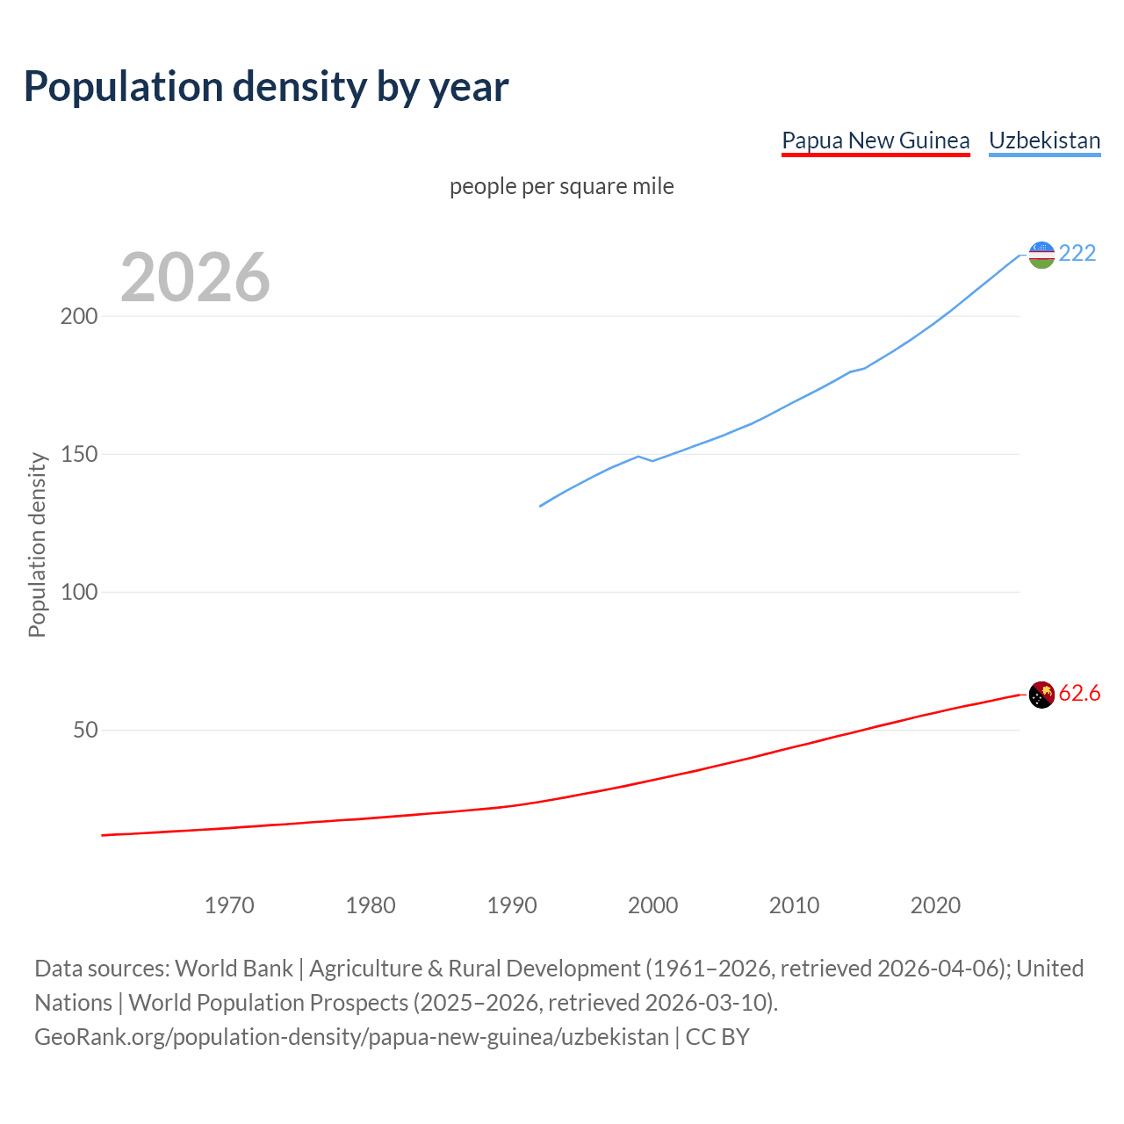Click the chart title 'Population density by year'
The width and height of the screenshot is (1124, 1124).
click(x=266, y=87)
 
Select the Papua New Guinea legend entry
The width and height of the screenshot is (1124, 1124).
click(x=875, y=140)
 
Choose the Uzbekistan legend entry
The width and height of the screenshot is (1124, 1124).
click(x=1044, y=140)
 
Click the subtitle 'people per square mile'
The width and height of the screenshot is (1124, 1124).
click(x=562, y=187)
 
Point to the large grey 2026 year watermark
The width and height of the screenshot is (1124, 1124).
click(x=195, y=277)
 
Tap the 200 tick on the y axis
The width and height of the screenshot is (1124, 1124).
click(x=78, y=316)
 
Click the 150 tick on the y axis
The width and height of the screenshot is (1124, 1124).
click(x=78, y=454)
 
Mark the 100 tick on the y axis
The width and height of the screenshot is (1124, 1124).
click(x=78, y=592)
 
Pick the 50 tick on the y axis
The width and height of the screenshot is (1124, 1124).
click(x=84, y=730)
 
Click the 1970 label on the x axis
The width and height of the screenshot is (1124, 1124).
click(x=229, y=905)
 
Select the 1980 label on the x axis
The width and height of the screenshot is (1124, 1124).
click(x=371, y=905)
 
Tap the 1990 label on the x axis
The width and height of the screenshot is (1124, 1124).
click(x=512, y=905)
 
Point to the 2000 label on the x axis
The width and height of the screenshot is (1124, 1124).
click(x=652, y=905)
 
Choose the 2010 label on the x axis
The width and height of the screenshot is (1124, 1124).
click(x=794, y=905)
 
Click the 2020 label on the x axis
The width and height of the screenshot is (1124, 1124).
click(x=935, y=905)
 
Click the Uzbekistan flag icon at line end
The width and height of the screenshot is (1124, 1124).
click(x=1041, y=255)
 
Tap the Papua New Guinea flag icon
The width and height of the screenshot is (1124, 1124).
click(x=1041, y=695)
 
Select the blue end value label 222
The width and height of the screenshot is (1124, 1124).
click(x=1077, y=254)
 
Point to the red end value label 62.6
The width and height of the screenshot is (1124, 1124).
click(x=1079, y=694)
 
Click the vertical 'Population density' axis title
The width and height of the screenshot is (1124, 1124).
click(x=37, y=544)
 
